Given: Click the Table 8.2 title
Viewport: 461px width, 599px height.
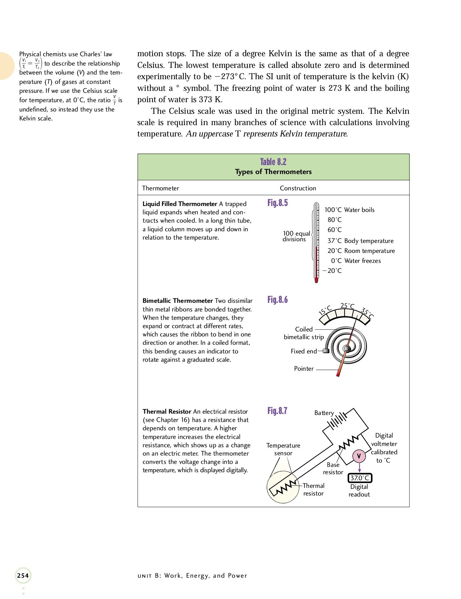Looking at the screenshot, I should (x=273, y=162).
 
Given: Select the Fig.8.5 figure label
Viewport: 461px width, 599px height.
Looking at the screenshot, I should (x=278, y=203).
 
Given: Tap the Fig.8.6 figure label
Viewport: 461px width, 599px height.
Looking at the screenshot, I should (x=278, y=300).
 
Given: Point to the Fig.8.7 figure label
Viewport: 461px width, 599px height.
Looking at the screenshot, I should (x=277, y=411).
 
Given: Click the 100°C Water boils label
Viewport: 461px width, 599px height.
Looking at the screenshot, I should (x=349, y=210).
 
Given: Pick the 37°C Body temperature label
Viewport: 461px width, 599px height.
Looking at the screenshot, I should (x=360, y=241).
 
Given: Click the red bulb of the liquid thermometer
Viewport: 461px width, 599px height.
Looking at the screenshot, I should (x=316, y=280).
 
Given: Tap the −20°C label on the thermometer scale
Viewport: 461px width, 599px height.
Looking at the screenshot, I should (x=332, y=271).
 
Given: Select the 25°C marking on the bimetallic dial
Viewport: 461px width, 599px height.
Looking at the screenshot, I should (x=347, y=306).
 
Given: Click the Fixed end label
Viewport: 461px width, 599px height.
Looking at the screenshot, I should (x=304, y=351).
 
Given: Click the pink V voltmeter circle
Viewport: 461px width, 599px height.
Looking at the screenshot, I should (x=359, y=456).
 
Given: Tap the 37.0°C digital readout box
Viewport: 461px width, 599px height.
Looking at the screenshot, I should (x=360, y=478).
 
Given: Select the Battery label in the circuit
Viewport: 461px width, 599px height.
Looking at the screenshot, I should (x=324, y=413).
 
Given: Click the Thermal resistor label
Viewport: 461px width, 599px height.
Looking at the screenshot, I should (x=313, y=490).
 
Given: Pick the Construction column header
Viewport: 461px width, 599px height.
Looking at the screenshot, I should (x=298, y=188).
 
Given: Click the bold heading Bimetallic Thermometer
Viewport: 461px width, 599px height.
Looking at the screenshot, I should (x=177, y=301).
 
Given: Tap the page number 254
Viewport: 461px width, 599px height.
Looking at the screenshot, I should (x=23, y=576).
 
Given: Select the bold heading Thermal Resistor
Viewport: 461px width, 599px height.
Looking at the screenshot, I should (x=167, y=412).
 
